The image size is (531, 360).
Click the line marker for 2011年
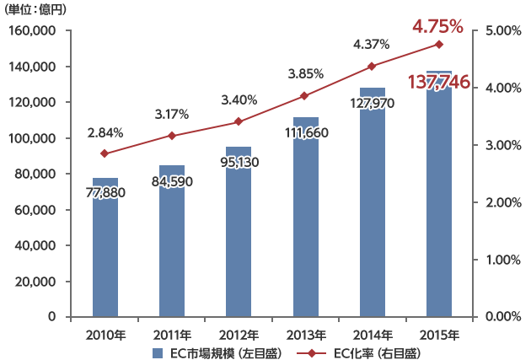[171, 136]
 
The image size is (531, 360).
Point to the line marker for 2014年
[372, 67]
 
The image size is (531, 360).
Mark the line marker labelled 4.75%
[438, 44]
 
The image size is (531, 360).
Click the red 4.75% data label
[440, 27]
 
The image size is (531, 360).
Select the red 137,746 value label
[439, 82]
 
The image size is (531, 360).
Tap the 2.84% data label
[105, 132]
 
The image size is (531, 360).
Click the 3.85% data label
[305, 74]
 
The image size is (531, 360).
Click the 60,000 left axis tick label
[35, 210]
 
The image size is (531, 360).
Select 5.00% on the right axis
[504, 31]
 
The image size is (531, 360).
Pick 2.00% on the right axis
[504, 202]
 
